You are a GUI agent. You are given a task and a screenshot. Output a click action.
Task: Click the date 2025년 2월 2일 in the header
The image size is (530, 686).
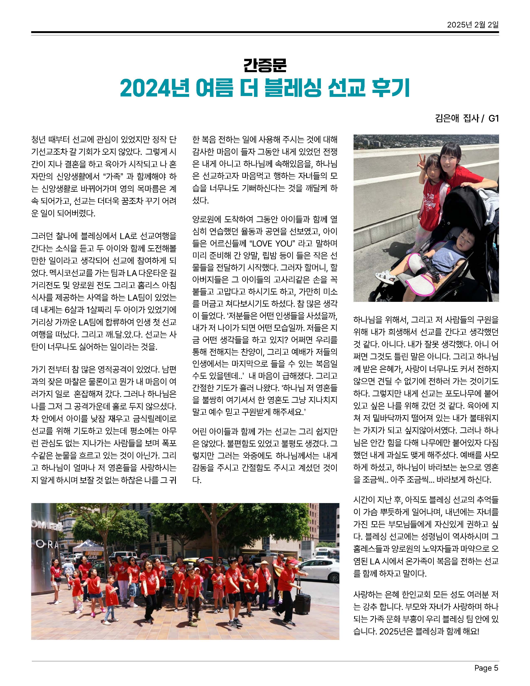pos(473,25)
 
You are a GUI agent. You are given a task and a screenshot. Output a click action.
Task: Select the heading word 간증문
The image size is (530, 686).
pos(265,65)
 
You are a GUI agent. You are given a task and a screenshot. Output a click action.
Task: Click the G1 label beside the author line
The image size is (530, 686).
pos(494,118)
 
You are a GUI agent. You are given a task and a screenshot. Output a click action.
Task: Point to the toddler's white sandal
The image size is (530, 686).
pos(386,276)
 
